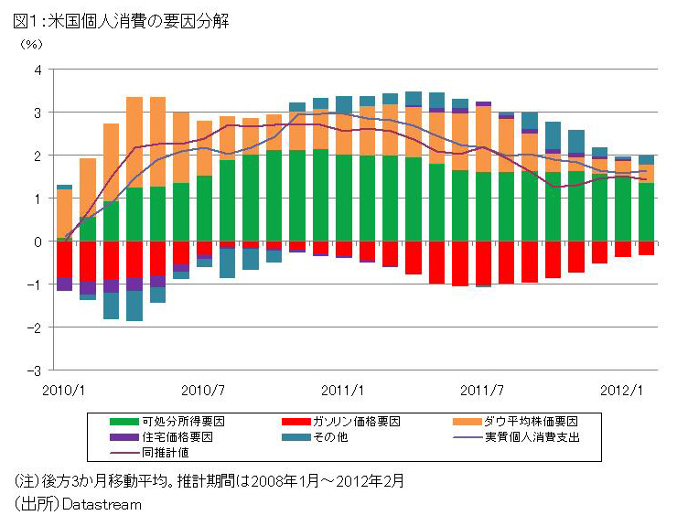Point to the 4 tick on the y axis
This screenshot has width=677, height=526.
[x=38, y=70]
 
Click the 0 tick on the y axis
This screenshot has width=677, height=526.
[x=38, y=242]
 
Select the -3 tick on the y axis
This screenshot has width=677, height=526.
[x=35, y=370]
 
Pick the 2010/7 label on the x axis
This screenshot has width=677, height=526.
[x=204, y=389]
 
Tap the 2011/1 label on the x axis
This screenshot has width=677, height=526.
[x=345, y=389]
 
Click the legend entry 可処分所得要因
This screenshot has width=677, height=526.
[x=184, y=422]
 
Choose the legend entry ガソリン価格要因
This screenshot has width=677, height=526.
[x=362, y=422]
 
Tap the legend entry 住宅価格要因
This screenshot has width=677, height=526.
[x=177, y=437]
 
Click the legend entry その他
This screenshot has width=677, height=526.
[x=331, y=437]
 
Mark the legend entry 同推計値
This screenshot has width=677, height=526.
[x=166, y=452]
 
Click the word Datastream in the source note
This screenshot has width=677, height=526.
[x=102, y=504]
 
